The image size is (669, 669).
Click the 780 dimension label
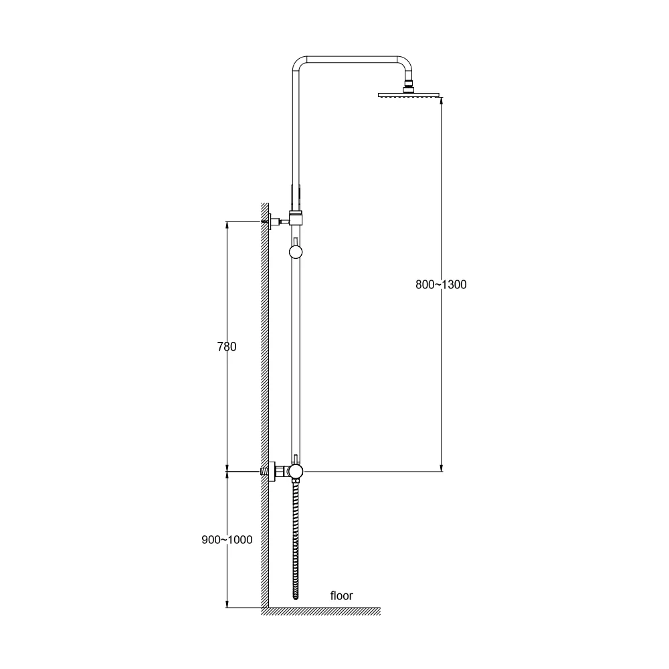pos(227,347)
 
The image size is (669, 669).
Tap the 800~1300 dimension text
pos(441,284)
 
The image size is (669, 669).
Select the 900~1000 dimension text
pos(227,540)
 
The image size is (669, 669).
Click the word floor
pos(342,595)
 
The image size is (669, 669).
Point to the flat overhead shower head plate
pos(408,95)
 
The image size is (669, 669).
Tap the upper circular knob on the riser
pos(296,252)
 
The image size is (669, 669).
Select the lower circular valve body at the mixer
pos(295,472)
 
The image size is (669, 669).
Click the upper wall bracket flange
pos(269,221)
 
